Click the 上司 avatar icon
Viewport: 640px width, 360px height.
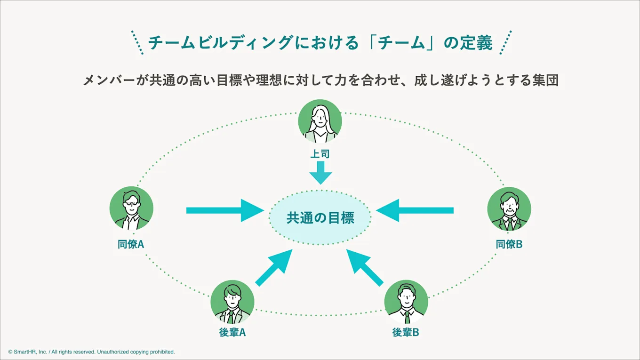(x=320, y=121)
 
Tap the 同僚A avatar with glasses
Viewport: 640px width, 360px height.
(x=131, y=208)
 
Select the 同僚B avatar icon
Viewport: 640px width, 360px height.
(x=509, y=209)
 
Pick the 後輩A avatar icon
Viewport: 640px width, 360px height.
(x=232, y=302)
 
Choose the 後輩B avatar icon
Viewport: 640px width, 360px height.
(x=406, y=302)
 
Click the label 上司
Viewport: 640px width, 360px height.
(x=320, y=154)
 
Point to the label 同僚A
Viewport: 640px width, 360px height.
(x=131, y=244)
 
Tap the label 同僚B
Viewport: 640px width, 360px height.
(x=509, y=244)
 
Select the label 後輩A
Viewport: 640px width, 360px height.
(x=232, y=332)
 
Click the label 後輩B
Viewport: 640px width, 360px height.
(x=406, y=332)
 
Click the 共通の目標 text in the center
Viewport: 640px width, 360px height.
(x=320, y=218)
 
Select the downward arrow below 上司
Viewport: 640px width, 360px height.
(x=320, y=173)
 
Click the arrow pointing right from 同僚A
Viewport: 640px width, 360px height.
(x=225, y=210)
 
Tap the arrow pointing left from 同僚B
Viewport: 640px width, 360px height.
(x=415, y=210)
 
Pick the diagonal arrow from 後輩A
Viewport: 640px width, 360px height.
(x=274, y=268)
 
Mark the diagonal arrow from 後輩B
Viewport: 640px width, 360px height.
(x=365, y=268)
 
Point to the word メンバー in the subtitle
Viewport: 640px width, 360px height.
(x=109, y=80)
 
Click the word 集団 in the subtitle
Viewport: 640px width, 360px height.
(x=545, y=80)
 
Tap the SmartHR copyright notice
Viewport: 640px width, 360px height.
(x=91, y=352)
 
